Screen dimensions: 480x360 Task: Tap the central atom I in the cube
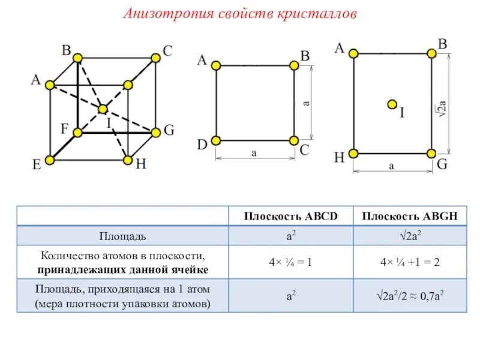click(103, 109)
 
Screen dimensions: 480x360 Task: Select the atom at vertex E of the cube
click(50, 160)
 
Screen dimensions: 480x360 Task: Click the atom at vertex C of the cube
click(155, 58)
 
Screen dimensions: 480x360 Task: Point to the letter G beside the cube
click(169, 130)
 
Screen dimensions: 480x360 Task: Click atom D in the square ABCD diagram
click(216, 140)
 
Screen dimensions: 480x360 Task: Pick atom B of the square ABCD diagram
click(293, 65)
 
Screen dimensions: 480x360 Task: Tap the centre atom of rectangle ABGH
click(392, 104)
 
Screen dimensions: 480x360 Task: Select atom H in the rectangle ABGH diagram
click(353, 154)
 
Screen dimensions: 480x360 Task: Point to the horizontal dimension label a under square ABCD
click(254, 154)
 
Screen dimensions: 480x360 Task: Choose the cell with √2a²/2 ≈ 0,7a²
click(410, 296)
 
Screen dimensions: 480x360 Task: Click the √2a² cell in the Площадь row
click(410, 235)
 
